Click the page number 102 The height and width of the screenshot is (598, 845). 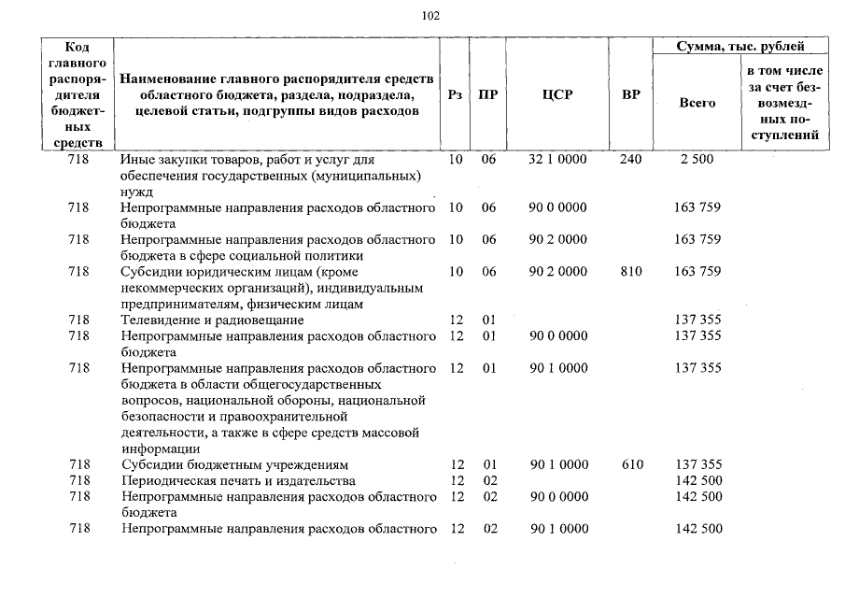click(x=430, y=15)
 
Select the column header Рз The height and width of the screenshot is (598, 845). click(x=454, y=94)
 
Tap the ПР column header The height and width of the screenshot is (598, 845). click(x=487, y=94)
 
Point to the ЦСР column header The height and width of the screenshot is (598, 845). click(x=557, y=94)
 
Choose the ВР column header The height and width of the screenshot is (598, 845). click(x=630, y=94)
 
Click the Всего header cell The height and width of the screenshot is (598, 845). click(x=697, y=103)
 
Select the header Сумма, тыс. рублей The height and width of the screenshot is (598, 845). click(x=741, y=46)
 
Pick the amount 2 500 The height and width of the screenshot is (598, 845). click(x=697, y=160)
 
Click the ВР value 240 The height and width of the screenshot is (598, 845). click(x=630, y=160)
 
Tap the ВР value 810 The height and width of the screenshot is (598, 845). click(x=630, y=272)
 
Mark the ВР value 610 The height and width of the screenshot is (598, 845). click(x=630, y=464)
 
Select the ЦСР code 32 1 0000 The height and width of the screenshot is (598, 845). click(x=557, y=160)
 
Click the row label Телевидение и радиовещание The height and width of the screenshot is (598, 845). click(x=212, y=320)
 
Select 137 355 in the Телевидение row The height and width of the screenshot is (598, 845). click(x=697, y=320)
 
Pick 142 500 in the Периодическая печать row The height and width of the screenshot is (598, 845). click(x=697, y=481)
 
